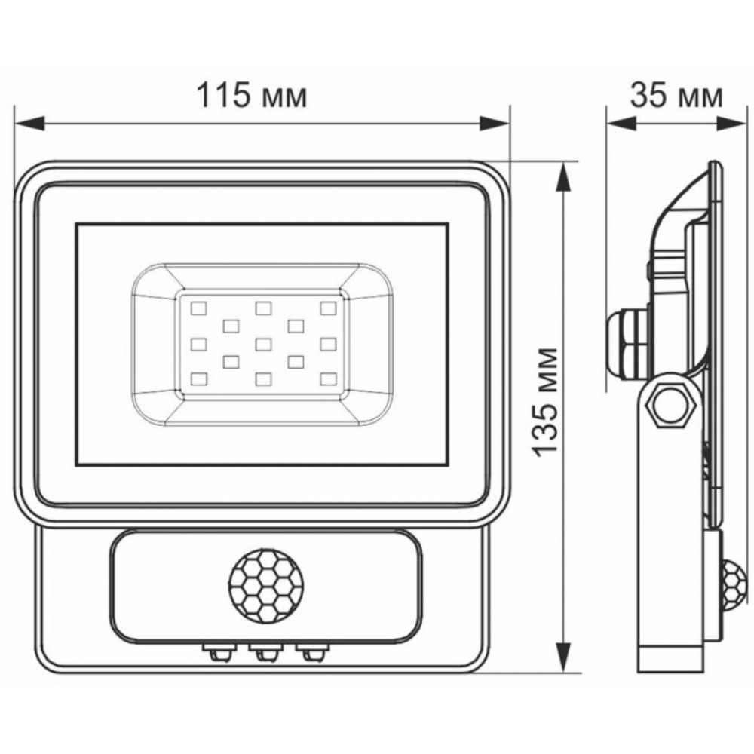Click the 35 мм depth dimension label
coord(676,95)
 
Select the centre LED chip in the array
coord(263,344)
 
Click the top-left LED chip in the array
coord(198,308)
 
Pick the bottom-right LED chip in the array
coord(329,379)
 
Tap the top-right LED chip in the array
coord(329,308)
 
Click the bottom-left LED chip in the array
coord(198,379)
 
